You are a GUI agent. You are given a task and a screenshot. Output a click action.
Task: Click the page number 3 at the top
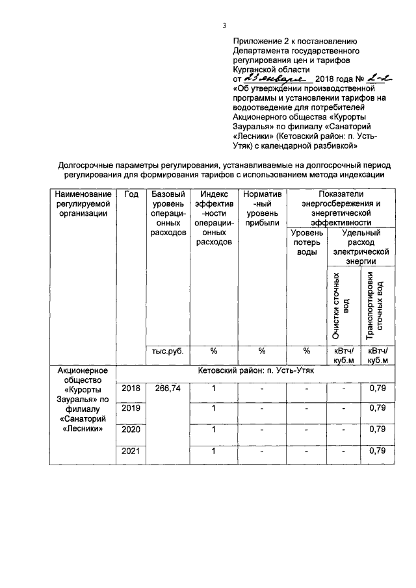(223, 25)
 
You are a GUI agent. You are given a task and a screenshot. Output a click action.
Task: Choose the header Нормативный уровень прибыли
(262, 209)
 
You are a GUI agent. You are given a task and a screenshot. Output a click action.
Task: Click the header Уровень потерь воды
(306, 242)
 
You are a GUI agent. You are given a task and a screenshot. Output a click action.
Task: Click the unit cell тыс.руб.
(168, 351)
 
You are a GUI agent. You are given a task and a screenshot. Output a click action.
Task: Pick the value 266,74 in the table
(168, 388)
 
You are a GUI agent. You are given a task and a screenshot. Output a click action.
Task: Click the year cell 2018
(131, 388)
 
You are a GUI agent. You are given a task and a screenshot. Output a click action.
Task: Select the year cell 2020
(131, 429)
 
